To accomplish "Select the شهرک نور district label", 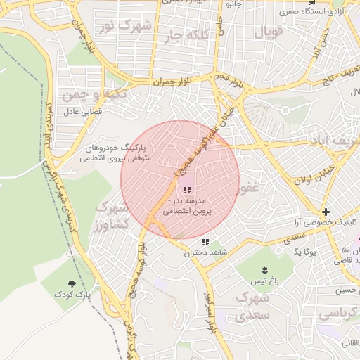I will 126,27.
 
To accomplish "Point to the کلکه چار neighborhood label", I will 182,34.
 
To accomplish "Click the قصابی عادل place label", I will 83,111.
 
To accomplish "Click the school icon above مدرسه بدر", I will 186,190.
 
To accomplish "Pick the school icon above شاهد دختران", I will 206,242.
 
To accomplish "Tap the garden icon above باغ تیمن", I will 265,271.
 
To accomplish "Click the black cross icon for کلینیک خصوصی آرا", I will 326,211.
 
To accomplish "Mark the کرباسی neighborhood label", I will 337,314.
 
